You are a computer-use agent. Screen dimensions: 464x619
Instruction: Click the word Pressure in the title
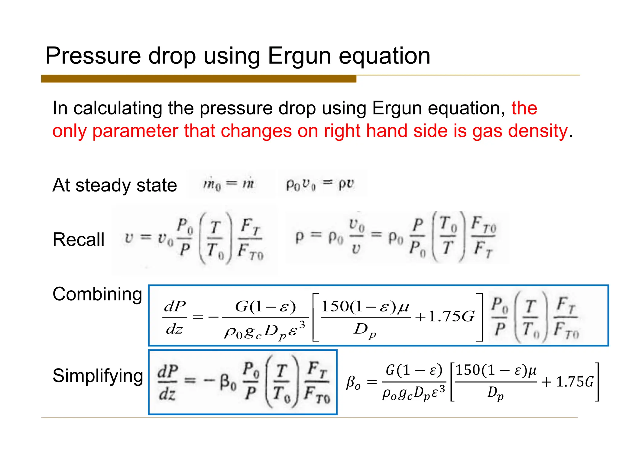click(93, 56)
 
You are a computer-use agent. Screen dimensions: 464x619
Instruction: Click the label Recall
click(78, 240)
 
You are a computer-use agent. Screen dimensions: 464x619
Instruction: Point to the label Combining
click(97, 294)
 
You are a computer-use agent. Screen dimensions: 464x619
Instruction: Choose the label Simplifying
click(98, 376)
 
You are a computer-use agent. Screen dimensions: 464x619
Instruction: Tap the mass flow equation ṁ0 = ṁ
click(228, 184)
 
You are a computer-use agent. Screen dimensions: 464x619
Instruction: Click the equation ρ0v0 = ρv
click(320, 184)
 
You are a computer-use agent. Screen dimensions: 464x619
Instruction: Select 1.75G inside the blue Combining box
click(452, 317)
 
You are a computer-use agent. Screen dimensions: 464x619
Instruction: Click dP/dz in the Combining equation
click(175, 317)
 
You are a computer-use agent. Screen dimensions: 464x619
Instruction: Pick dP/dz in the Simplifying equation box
click(167, 382)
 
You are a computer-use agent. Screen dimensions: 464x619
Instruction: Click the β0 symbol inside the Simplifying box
click(228, 382)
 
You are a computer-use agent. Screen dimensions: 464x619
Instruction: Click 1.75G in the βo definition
click(575, 382)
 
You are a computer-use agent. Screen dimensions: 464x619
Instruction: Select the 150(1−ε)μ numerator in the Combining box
click(365, 307)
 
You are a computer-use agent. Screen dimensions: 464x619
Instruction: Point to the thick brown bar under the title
click(199, 79)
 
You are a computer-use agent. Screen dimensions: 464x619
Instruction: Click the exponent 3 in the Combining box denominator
click(302, 325)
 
